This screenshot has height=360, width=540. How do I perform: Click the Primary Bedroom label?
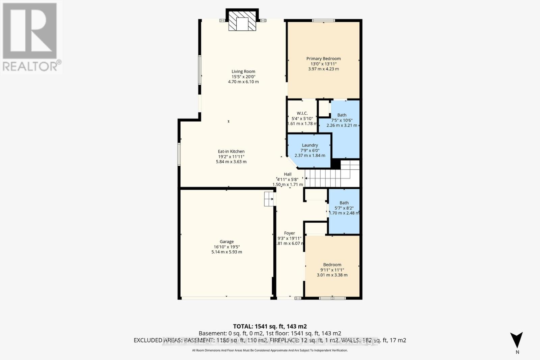(x=323, y=59)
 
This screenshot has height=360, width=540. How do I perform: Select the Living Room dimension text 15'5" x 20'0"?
(x=243, y=77)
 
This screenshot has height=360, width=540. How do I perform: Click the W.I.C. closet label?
(x=302, y=113)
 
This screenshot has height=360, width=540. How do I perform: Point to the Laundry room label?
(x=310, y=145)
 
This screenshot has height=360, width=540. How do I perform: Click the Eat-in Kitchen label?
(x=231, y=151)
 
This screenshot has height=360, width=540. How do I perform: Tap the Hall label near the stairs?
(x=288, y=174)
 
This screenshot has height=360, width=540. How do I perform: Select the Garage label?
(x=226, y=242)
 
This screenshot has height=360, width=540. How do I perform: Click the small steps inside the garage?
(x=269, y=199)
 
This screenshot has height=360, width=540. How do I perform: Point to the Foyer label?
(x=289, y=233)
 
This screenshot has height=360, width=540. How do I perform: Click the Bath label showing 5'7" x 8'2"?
(x=344, y=203)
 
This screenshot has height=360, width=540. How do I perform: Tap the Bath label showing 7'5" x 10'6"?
(x=342, y=115)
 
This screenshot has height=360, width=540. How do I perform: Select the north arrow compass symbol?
(x=517, y=340)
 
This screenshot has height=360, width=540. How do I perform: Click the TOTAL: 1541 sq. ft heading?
(x=270, y=326)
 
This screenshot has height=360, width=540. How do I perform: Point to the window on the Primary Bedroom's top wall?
(x=323, y=21)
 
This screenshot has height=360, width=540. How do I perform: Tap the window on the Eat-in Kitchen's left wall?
(x=179, y=154)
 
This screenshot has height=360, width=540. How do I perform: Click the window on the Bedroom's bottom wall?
(x=332, y=298)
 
